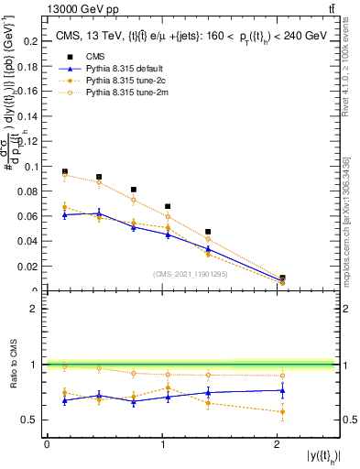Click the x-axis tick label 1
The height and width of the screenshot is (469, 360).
163,444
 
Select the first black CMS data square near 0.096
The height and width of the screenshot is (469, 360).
64,171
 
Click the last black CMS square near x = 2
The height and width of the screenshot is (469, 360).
282,278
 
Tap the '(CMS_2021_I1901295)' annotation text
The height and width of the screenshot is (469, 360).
191,274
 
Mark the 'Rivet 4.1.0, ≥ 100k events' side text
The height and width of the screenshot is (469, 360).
348,64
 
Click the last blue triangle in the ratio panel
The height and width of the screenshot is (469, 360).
282,390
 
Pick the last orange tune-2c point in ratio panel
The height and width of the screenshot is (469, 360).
282,412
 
